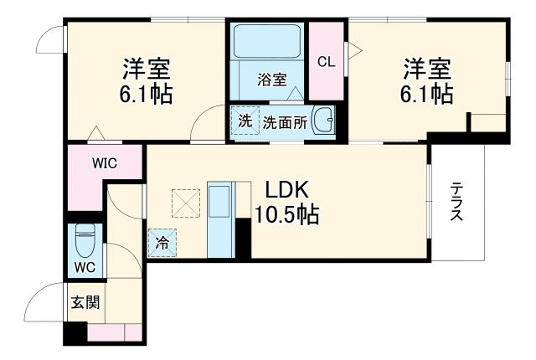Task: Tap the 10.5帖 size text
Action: click(287, 214)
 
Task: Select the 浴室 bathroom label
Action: click(272, 80)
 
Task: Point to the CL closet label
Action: click(327, 60)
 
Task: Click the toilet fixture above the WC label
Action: click(85, 241)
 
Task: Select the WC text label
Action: click(84, 268)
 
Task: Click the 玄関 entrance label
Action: click(85, 301)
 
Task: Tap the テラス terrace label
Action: click(456, 202)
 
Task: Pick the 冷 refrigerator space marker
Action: click(162, 244)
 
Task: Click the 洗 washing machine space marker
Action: click(245, 120)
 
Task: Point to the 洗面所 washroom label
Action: click(285, 121)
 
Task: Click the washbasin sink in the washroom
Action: click(323, 119)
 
